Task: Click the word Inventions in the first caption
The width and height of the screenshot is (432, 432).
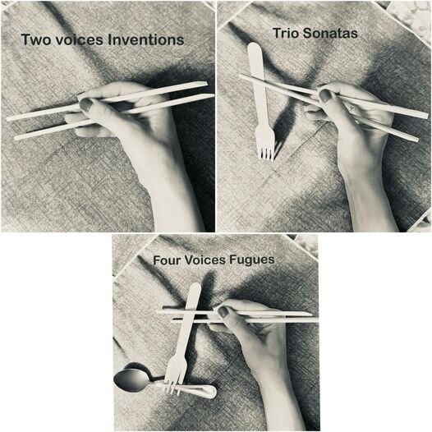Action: point(145,39)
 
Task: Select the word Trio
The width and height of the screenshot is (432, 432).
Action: point(286,34)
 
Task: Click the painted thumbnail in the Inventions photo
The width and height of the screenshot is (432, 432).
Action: point(86,104)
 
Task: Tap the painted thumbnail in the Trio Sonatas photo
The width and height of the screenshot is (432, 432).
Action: point(325,95)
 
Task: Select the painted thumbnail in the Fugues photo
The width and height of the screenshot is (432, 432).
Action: point(223,311)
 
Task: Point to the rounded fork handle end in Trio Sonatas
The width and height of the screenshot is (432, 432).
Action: point(254,48)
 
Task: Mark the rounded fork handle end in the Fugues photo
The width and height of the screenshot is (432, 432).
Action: point(196,288)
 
